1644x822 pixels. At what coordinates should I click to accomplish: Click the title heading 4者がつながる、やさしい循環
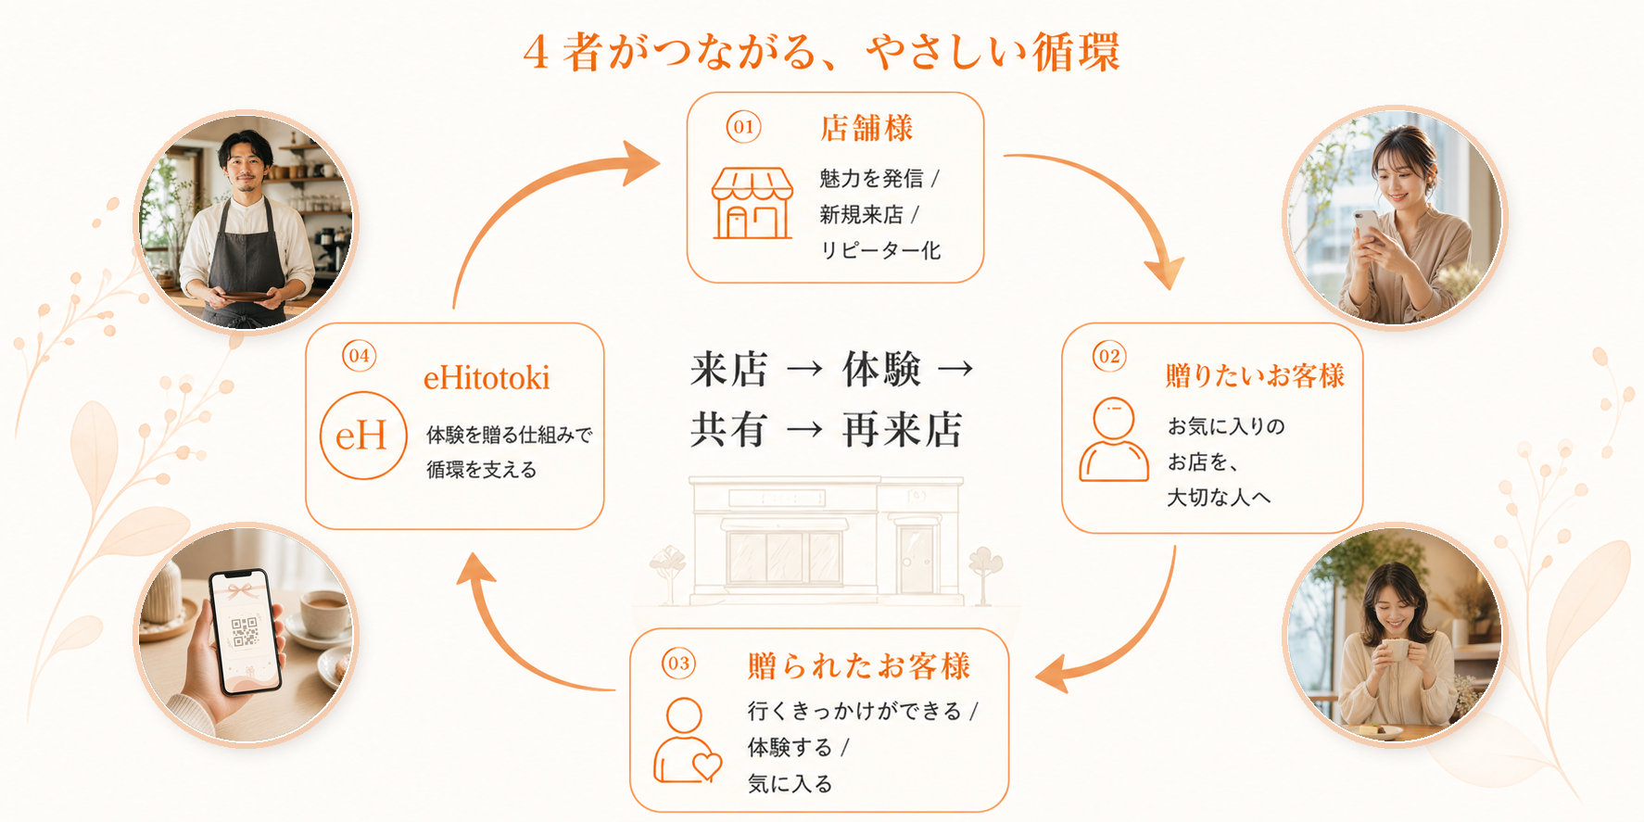[x=821, y=52]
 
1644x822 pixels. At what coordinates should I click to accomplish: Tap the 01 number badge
[x=743, y=127]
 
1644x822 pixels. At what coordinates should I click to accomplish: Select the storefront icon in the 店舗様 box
[x=752, y=204]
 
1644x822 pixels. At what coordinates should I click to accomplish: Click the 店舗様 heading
[x=866, y=128]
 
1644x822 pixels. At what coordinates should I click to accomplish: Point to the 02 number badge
[x=1109, y=356]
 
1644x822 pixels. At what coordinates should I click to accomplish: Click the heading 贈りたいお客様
[x=1255, y=375]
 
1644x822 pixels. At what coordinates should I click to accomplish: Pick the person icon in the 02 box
[x=1113, y=439]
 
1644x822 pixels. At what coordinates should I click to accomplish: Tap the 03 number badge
[x=678, y=664]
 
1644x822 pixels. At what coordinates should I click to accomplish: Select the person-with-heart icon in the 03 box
[x=686, y=741]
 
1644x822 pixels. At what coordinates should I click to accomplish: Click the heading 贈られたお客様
[x=859, y=665]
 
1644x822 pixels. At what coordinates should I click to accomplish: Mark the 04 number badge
[x=359, y=356]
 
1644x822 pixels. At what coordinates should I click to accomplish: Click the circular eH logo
[x=362, y=436]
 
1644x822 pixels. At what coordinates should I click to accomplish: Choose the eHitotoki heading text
[x=487, y=378]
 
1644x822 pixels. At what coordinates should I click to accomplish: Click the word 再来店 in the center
[x=902, y=430]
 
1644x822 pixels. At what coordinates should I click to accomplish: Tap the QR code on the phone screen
[x=245, y=632]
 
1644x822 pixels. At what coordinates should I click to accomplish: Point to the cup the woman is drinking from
[x=1393, y=648]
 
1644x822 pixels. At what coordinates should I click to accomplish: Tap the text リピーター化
[x=880, y=250]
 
